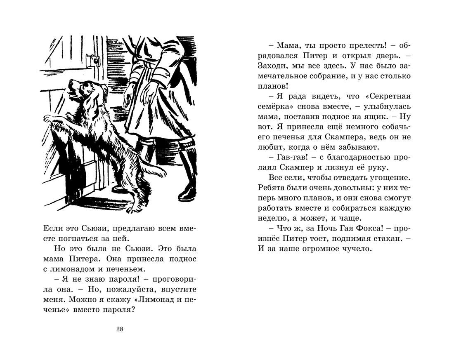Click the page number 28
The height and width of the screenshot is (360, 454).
(120, 329)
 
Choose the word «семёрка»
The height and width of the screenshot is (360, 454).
(272, 106)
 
